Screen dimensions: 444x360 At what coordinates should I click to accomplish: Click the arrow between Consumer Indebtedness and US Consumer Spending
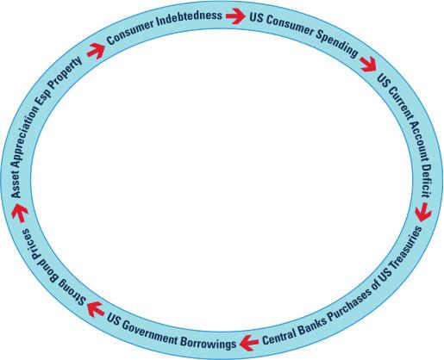click(x=235, y=16)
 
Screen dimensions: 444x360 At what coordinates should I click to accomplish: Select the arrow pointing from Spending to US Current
click(x=368, y=64)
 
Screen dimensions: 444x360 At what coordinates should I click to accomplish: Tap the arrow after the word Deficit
click(x=423, y=212)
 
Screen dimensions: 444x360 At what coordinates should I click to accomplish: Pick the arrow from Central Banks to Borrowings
click(x=249, y=342)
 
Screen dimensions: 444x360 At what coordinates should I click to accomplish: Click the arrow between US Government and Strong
click(x=96, y=309)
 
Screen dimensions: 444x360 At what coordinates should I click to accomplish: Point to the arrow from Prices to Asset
click(x=20, y=213)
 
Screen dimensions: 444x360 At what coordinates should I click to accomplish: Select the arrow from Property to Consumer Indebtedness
click(x=96, y=51)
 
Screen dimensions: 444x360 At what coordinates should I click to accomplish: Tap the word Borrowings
click(x=208, y=341)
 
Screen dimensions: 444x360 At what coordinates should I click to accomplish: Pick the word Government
click(x=148, y=332)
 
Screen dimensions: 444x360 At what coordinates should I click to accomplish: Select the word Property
click(x=65, y=73)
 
